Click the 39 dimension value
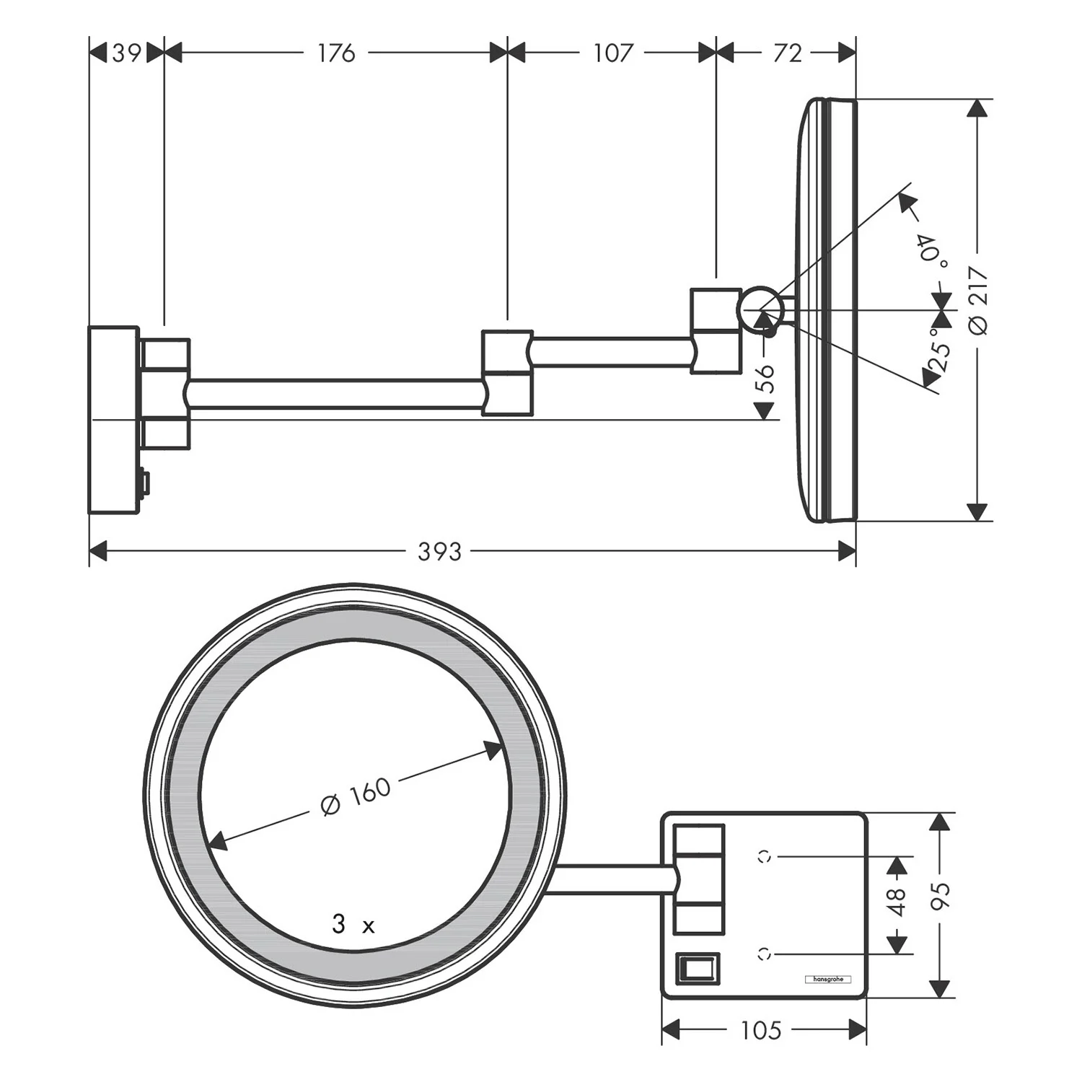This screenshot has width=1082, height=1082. click(126, 53)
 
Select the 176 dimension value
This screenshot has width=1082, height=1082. click(336, 53)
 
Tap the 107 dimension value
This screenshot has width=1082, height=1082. click(612, 53)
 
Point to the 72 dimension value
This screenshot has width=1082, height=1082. click(787, 53)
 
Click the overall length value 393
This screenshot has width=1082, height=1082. click(439, 552)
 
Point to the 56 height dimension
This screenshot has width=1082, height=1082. click(767, 378)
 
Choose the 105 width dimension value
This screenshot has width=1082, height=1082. click(761, 1030)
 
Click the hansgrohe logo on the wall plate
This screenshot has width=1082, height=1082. click(827, 979)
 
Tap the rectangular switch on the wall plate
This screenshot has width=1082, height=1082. click(698, 967)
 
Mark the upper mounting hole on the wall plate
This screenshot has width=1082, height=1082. click(765, 856)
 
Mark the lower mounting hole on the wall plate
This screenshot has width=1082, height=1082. click(765, 954)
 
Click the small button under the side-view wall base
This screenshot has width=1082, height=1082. click(144, 483)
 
